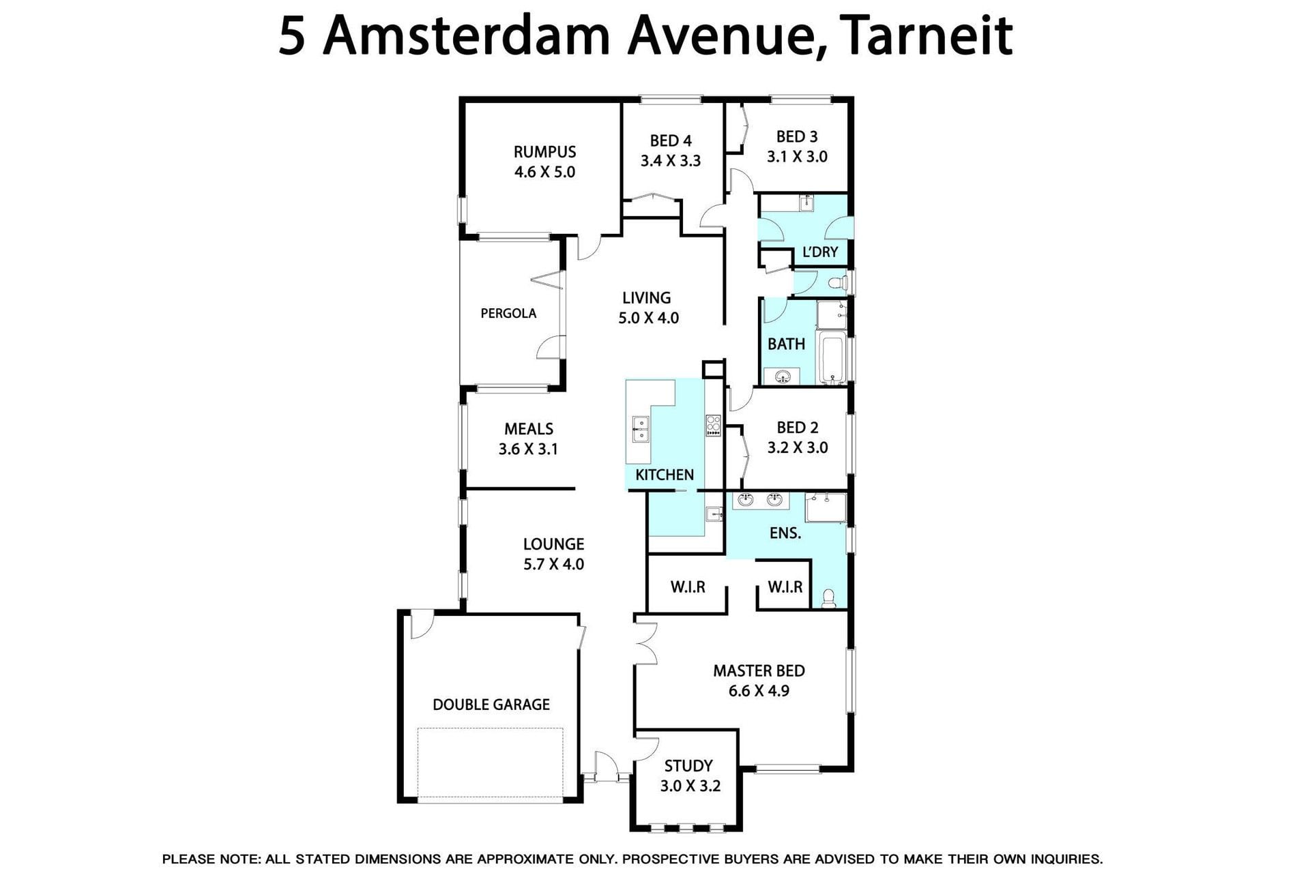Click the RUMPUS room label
point(544,151)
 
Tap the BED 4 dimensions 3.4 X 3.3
point(670,161)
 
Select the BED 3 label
point(797,137)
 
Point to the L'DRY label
point(819,252)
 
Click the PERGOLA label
point(508,314)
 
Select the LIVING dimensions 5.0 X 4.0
point(648,318)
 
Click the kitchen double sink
point(640,430)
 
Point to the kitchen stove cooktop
point(713,425)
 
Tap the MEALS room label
point(529,429)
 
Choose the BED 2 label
point(797,428)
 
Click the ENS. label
point(785,533)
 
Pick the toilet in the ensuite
point(829,598)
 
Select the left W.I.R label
point(687,587)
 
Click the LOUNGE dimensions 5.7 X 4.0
point(553,564)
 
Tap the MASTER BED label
point(759,671)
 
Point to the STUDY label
point(688,766)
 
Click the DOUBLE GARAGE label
point(491,705)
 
